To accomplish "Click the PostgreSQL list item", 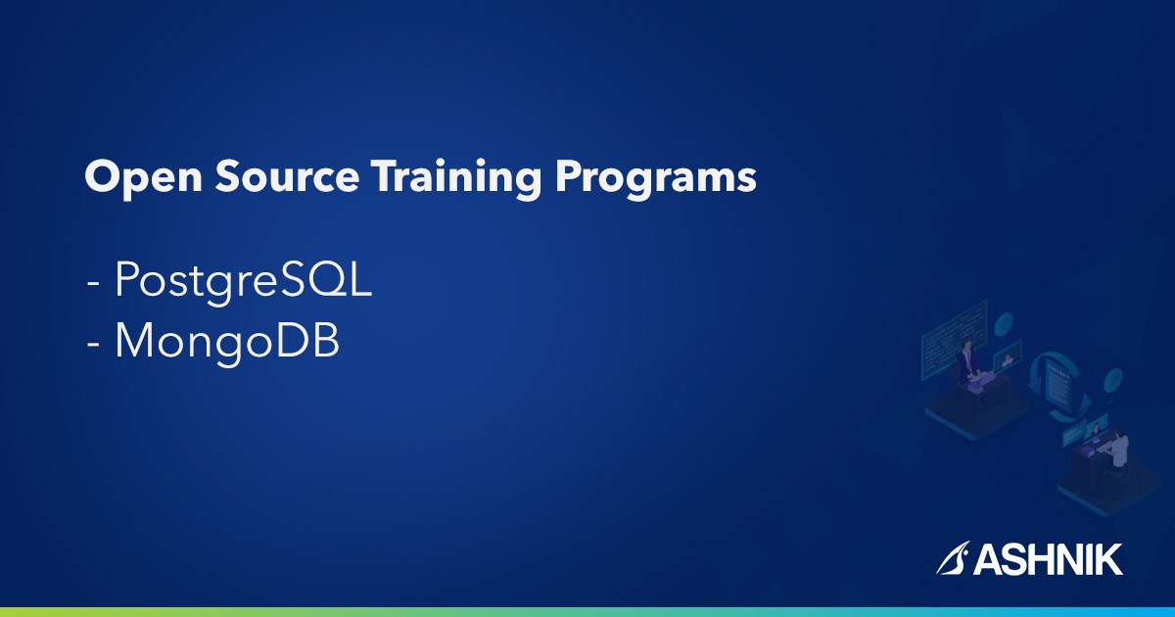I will pos(243,283).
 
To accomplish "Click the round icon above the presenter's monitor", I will pos(1005,323).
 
